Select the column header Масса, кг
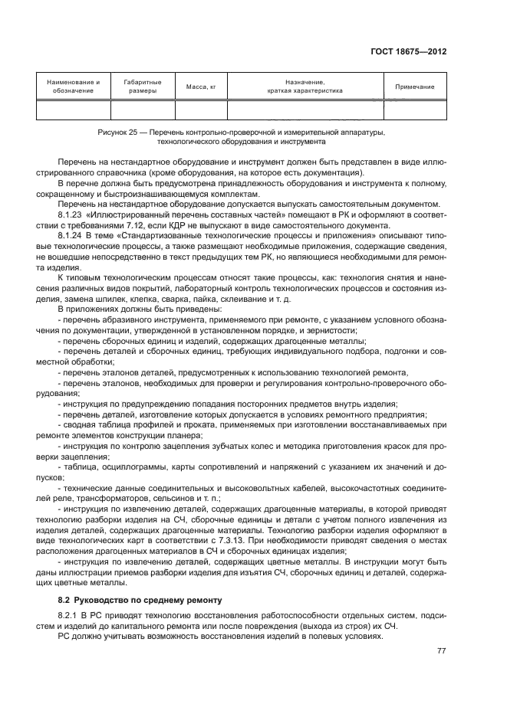(x=202, y=87)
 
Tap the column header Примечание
(x=414, y=87)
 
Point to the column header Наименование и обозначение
(x=74, y=87)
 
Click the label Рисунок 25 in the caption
(x=117, y=133)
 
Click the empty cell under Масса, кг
(x=202, y=110)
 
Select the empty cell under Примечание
(x=414, y=110)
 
